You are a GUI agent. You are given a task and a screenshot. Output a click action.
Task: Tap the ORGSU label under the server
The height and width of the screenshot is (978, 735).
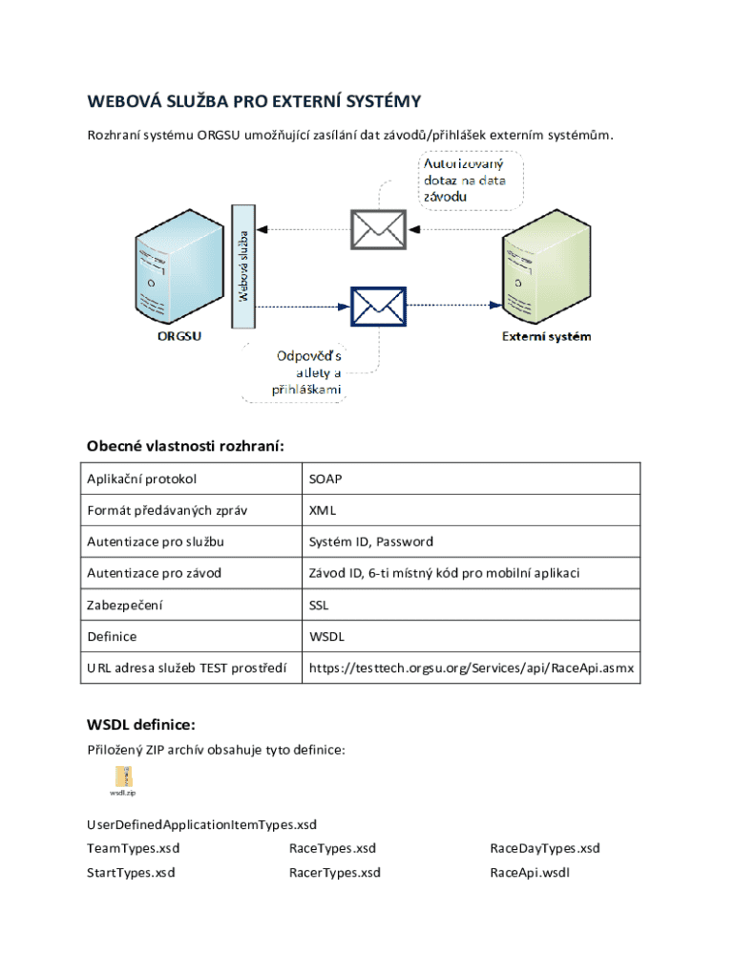click(x=179, y=336)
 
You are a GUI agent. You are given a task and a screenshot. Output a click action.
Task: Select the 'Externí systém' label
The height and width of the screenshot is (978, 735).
click(x=547, y=336)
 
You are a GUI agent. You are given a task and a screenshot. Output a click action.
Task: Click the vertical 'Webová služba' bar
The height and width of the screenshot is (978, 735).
click(x=244, y=266)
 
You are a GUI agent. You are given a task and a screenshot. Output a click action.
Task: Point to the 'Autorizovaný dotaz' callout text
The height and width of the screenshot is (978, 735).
click(x=465, y=180)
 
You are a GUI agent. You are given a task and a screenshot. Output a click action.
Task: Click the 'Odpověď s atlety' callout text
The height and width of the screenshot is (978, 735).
click(x=307, y=372)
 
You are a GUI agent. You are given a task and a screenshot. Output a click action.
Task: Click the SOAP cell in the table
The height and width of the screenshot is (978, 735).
click(x=325, y=478)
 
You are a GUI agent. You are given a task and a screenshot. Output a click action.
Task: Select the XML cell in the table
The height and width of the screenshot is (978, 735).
click(x=322, y=510)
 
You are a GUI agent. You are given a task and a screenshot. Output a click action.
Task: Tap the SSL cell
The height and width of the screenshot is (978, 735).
click(x=319, y=605)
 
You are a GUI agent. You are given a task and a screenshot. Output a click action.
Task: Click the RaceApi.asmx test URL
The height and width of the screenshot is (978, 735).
click(x=471, y=668)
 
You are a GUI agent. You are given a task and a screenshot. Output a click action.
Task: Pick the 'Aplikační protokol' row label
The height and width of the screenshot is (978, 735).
click(x=142, y=478)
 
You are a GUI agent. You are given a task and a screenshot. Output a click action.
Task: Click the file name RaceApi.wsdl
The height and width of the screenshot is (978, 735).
click(x=530, y=872)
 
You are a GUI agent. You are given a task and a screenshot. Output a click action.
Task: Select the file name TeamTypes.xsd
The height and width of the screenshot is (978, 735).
click(x=134, y=848)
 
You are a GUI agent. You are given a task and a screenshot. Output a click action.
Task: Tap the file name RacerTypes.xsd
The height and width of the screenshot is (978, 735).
click(x=335, y=872)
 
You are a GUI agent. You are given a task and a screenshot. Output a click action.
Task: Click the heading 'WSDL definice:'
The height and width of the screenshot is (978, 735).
click(x=141, y=725)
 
